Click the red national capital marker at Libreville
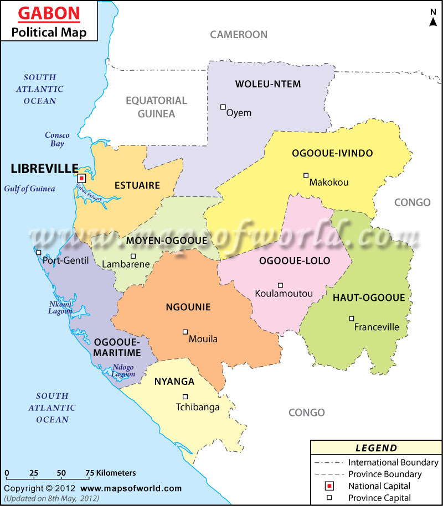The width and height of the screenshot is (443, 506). [81, 178]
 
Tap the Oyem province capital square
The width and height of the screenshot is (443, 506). [223, 107]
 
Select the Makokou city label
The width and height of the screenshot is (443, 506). [329, 182]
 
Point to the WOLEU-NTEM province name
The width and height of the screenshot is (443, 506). [268, 84]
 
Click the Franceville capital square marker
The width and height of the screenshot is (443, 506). [352, 318]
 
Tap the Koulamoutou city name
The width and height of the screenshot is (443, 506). [284, 293]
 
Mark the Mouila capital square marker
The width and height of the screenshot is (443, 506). [186, 332]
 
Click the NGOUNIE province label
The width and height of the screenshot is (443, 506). [188, 307]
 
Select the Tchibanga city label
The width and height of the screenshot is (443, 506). [198, 407]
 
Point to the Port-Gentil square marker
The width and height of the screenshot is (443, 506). [39, 253]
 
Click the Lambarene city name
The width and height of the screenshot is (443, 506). [126, 264]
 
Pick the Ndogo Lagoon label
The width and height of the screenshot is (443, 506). [123, 371]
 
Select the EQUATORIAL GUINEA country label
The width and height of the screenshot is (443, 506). [157, 107]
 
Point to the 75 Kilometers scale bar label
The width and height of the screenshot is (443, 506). [111, 473]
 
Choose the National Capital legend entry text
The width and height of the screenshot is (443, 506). [379, 486]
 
